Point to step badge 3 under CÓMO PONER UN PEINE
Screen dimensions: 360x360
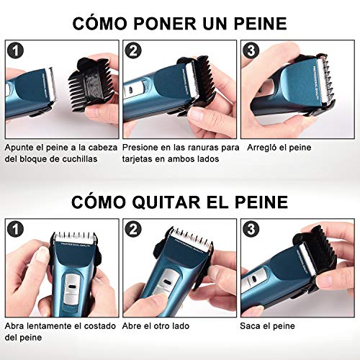(251, 50)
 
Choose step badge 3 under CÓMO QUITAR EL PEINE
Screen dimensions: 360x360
(251, 229)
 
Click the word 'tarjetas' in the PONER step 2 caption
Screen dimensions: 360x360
(140, 159)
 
